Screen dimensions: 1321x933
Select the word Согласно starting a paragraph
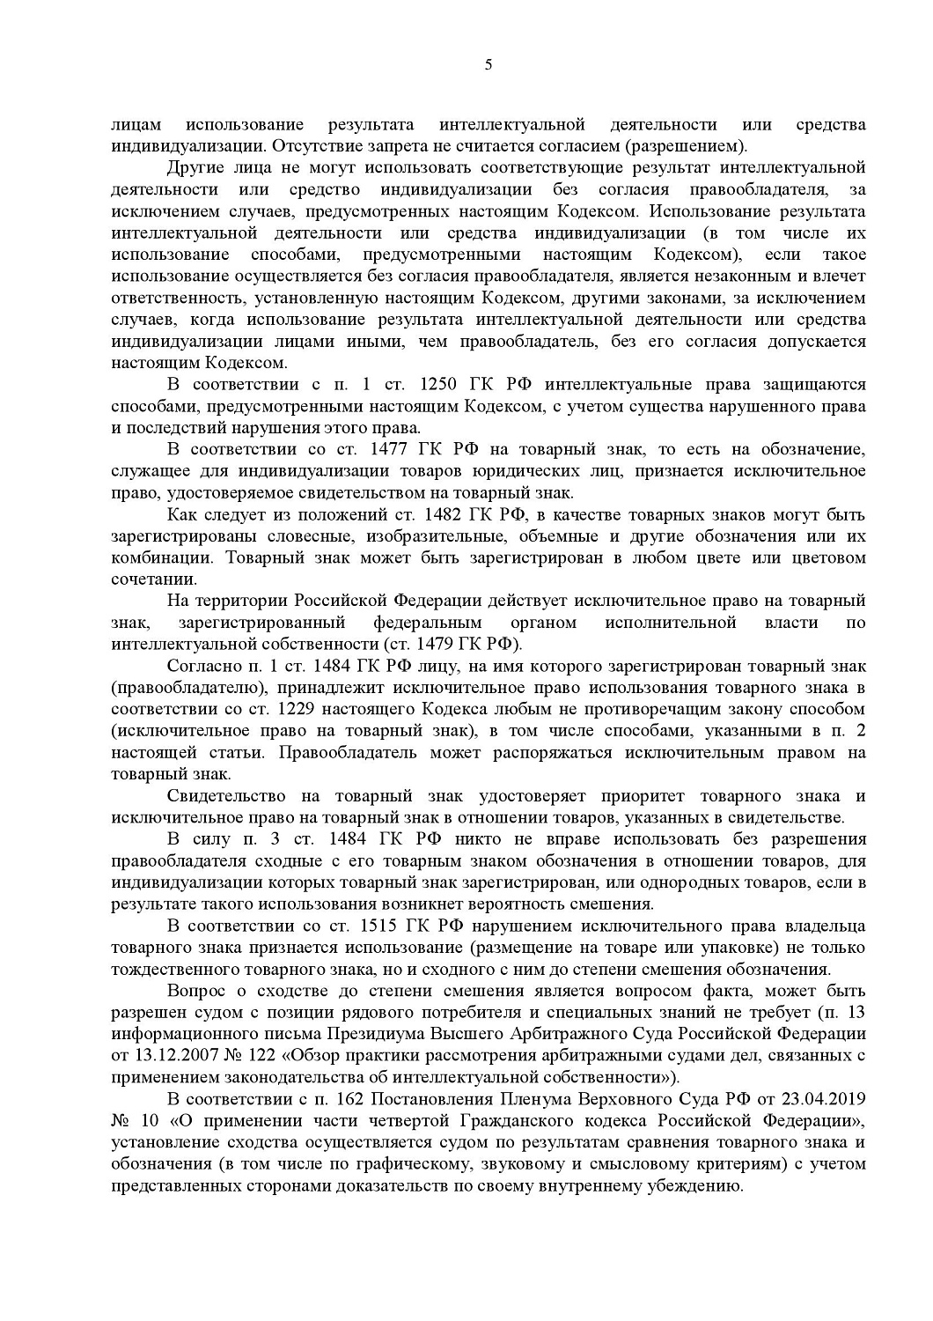(196, 665)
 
